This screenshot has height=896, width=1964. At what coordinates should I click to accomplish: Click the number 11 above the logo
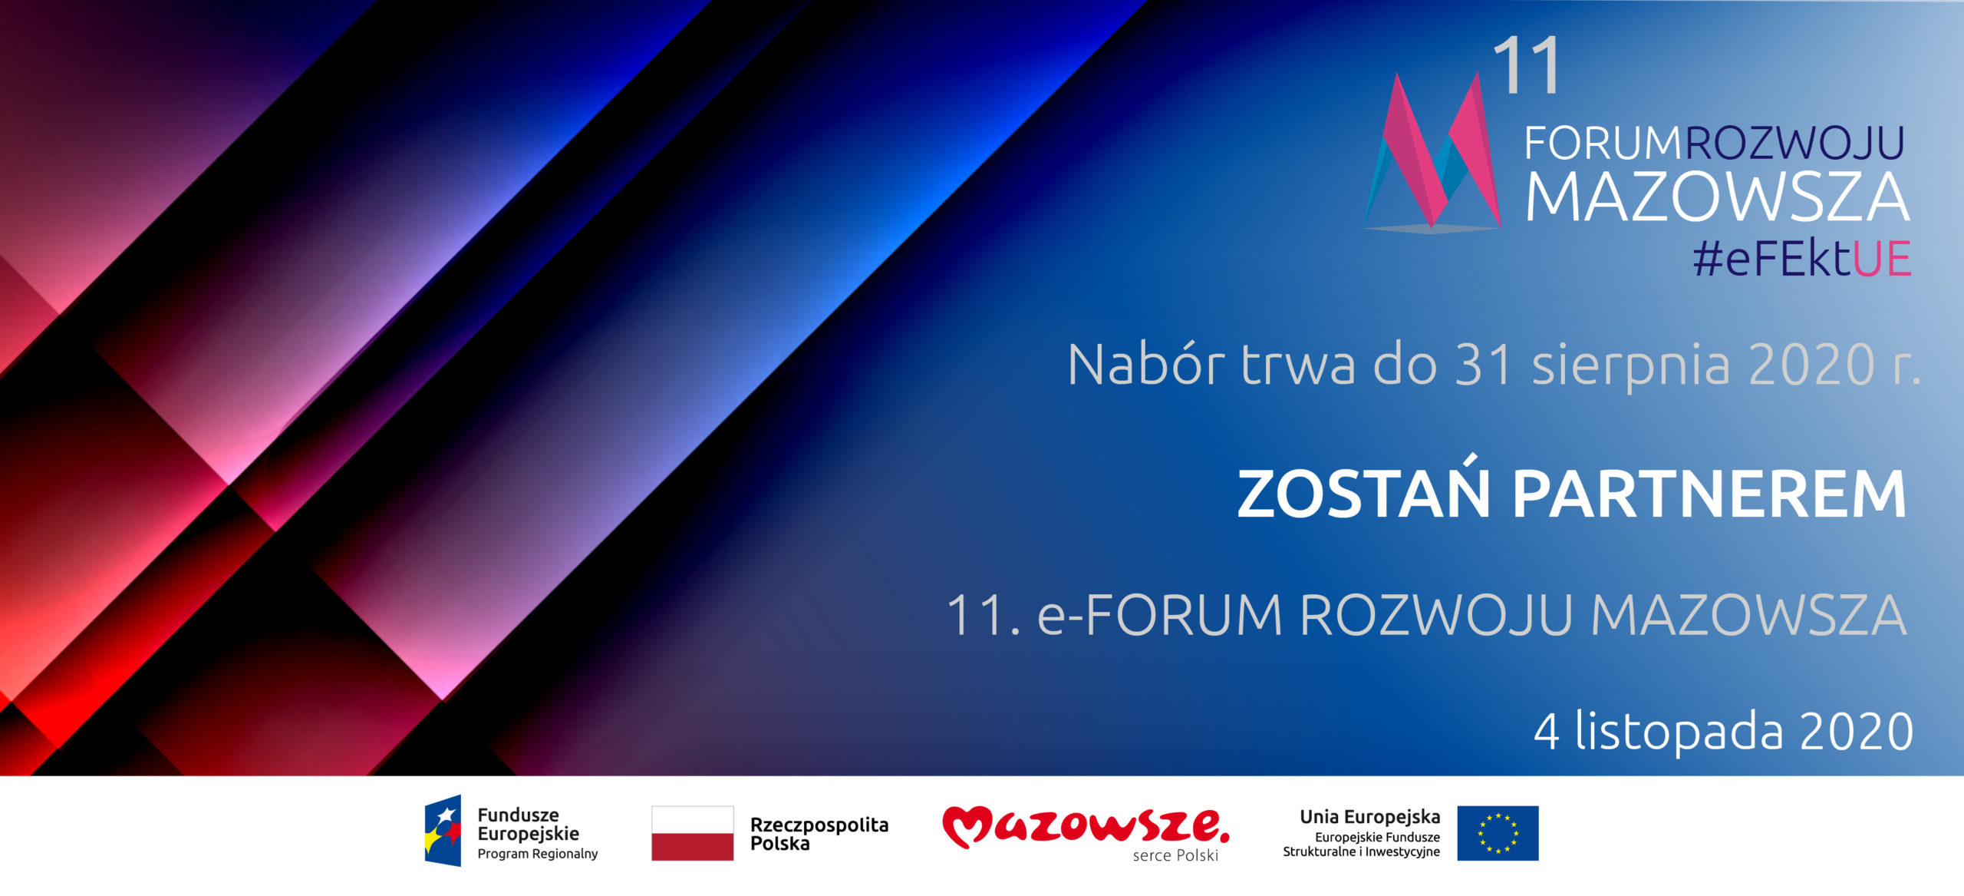point(1527,66)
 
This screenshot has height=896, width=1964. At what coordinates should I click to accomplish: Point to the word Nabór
point(1145,364)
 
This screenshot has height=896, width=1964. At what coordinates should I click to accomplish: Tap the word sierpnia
point(1631,366)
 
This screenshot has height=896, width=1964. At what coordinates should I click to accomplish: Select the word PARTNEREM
point(1709,494)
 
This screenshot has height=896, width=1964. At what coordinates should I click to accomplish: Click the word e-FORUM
point(1160,615)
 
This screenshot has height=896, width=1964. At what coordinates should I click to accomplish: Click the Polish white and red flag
point(692,833)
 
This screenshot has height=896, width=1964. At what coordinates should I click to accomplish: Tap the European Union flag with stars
point(1498,833)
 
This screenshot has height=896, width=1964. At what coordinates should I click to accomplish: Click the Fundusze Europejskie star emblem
point(443,831)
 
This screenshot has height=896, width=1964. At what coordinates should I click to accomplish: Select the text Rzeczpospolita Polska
point(819,834)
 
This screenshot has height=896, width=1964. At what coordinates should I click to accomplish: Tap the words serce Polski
point(1175,855)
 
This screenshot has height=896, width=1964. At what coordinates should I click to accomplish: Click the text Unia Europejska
point(1369,817)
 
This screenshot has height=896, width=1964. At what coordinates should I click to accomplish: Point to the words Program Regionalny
point(537,854)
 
